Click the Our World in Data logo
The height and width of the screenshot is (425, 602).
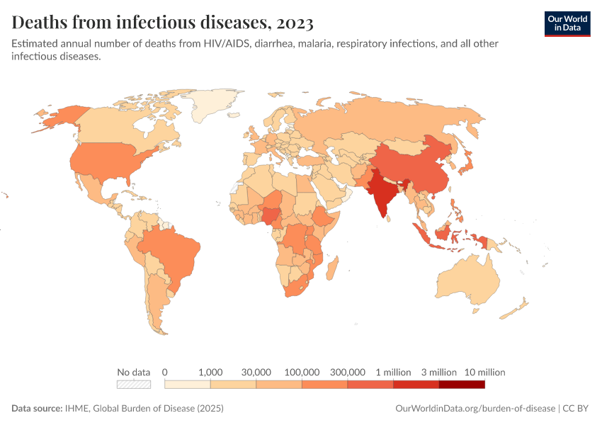567,23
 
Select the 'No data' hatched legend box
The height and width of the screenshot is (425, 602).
134,385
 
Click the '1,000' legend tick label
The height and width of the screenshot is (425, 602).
210,372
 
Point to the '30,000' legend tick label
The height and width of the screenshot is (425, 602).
256,372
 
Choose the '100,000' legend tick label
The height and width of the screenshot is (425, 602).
302,372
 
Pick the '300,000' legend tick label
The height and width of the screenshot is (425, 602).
348,372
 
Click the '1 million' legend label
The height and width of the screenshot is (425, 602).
393,372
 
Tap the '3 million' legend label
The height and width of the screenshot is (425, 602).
439,372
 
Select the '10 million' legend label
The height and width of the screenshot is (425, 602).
484,372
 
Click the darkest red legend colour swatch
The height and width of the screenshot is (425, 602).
462,385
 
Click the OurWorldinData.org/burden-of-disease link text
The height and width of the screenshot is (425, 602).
474,409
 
